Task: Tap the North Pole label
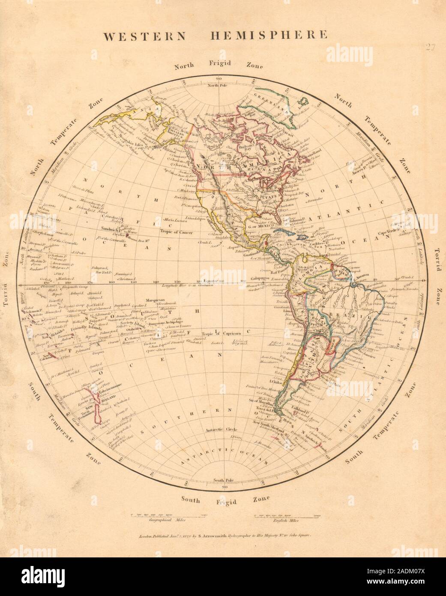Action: [218, 86]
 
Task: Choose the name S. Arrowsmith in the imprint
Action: [201, 536]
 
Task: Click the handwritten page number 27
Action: [431, 48]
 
